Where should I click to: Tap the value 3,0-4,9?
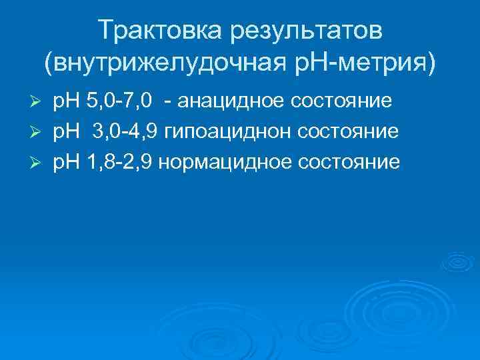tap(127, 132)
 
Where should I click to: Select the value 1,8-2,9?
tap(122, 163)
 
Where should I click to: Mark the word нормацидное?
tap(232, 163)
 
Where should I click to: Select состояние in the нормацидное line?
tap(352, 163)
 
